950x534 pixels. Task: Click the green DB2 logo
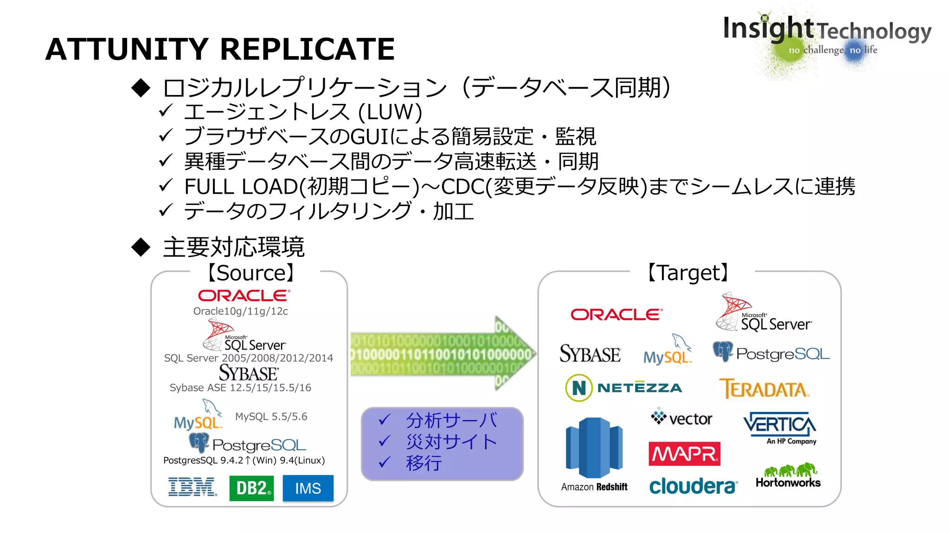pos(251,488)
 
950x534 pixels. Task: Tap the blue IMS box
pos(308,488)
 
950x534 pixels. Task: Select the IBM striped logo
pos(193,487)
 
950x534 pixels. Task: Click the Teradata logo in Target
pos(764,388)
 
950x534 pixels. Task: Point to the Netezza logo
pos(623,388)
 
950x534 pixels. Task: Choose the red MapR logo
pos(684,454)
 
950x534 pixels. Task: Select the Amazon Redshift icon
pos(594,448)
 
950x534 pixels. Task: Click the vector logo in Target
pos(681,418)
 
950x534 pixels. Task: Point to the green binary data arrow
pos(441,354)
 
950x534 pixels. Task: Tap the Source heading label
pos(250,273)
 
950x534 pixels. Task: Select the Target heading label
pos(688,273)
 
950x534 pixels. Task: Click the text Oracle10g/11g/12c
pos(240,311)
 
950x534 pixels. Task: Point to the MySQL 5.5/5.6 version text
pos(271,417)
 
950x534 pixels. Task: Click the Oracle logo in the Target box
pos(616,315)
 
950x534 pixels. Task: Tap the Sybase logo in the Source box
pos(249,373)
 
